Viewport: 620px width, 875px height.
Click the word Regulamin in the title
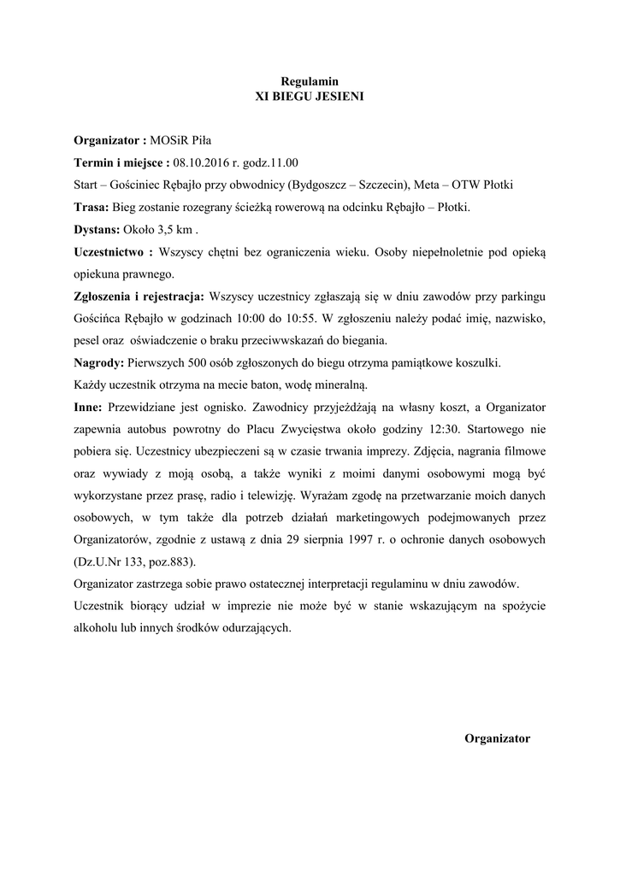(x=310, y=80)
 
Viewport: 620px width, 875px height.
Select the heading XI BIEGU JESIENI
(x=310, y=97)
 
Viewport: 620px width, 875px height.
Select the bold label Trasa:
(x=92, y=207)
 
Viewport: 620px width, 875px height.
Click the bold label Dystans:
(x=97, y=229)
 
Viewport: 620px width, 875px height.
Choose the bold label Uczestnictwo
(x=109, y=252)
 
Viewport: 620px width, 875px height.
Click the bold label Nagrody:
(x=98, y=362)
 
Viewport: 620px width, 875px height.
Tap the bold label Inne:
(x=88, y=408)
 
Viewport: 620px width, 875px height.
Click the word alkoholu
(x=97, y=627)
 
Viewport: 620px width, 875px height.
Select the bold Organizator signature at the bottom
(x=497, y=738)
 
